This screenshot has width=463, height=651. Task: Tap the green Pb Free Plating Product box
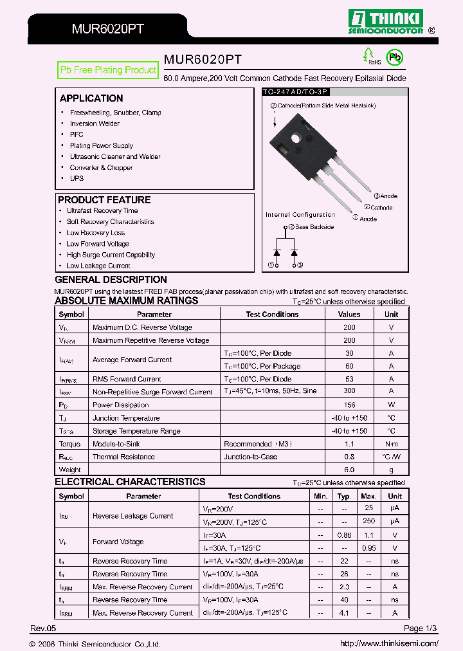point(108,70)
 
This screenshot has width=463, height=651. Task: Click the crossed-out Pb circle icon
point(394,57)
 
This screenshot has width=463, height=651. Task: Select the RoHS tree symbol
point(368,55)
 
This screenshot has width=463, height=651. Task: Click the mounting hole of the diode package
point(298,138)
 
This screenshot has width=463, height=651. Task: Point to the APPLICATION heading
point(91,98)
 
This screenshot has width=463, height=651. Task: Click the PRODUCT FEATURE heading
point(104,200)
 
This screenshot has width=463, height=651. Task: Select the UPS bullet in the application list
point(77,178)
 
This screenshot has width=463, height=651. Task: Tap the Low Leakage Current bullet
point(98,266)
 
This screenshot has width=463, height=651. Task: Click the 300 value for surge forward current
point(349,392)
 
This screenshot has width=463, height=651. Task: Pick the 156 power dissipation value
point(349,405)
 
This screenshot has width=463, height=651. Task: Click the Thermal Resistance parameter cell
point(123,457)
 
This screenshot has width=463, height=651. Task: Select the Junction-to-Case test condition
point(251,457)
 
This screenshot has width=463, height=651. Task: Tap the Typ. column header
point(345,496)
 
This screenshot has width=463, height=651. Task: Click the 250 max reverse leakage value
point(368,522)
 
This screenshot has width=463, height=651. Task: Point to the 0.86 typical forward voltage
point(345,535)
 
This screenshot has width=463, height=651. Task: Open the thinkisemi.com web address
point(389,643)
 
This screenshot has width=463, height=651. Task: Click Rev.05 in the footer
point(43,628)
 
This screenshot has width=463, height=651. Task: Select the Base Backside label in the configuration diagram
point(314,226)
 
